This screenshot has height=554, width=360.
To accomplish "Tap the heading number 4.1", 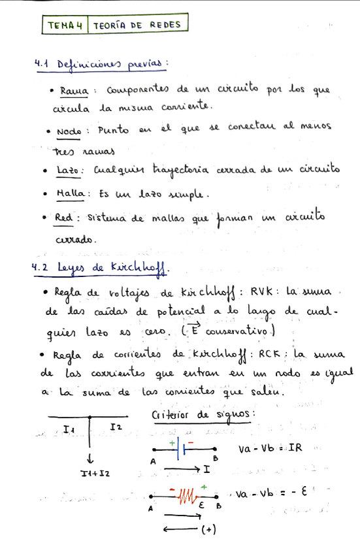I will point(42,64).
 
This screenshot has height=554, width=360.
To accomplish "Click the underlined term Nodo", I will point(68,131).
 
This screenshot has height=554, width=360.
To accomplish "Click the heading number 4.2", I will point(42,267).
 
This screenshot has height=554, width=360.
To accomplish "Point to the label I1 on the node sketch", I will point(69,429).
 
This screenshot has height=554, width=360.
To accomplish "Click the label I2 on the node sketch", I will point(115,427).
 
